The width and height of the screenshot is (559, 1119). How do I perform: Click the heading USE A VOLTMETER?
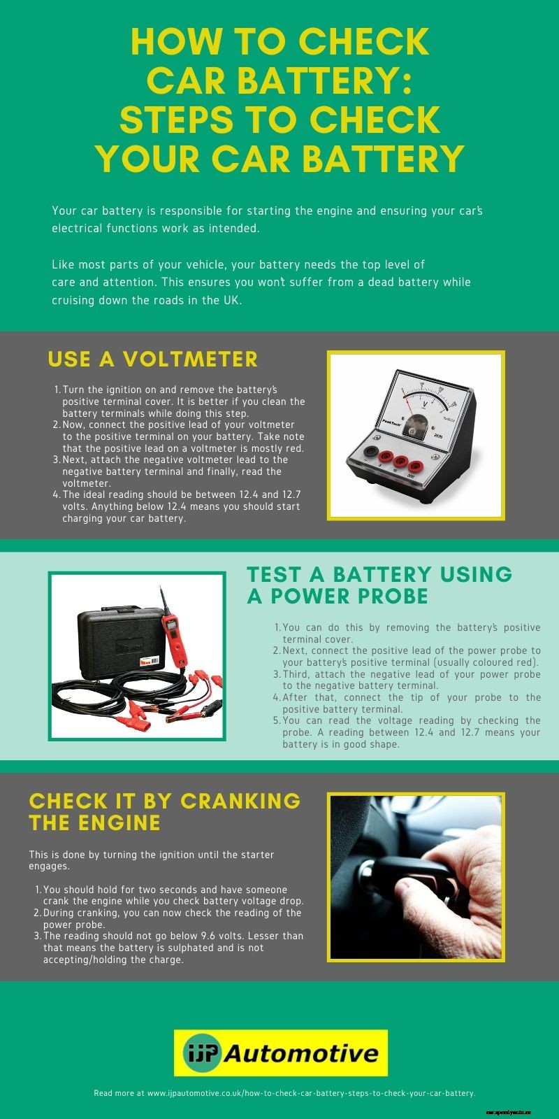(x=152, y=359)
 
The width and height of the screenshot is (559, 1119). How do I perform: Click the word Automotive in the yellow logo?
(x=300, y=1053)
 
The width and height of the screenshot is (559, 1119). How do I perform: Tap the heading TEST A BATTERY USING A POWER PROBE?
(x=379, y=585)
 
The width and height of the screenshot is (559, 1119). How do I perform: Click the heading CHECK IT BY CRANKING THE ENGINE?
(x=164, y=811)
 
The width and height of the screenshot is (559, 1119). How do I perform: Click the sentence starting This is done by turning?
(x=150, y=860)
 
